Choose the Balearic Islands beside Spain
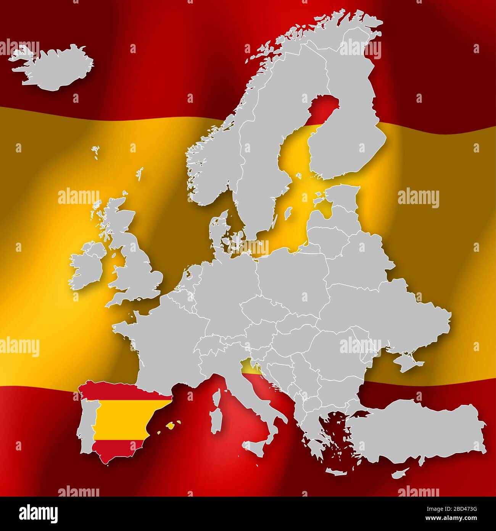172,425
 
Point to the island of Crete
336,472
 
